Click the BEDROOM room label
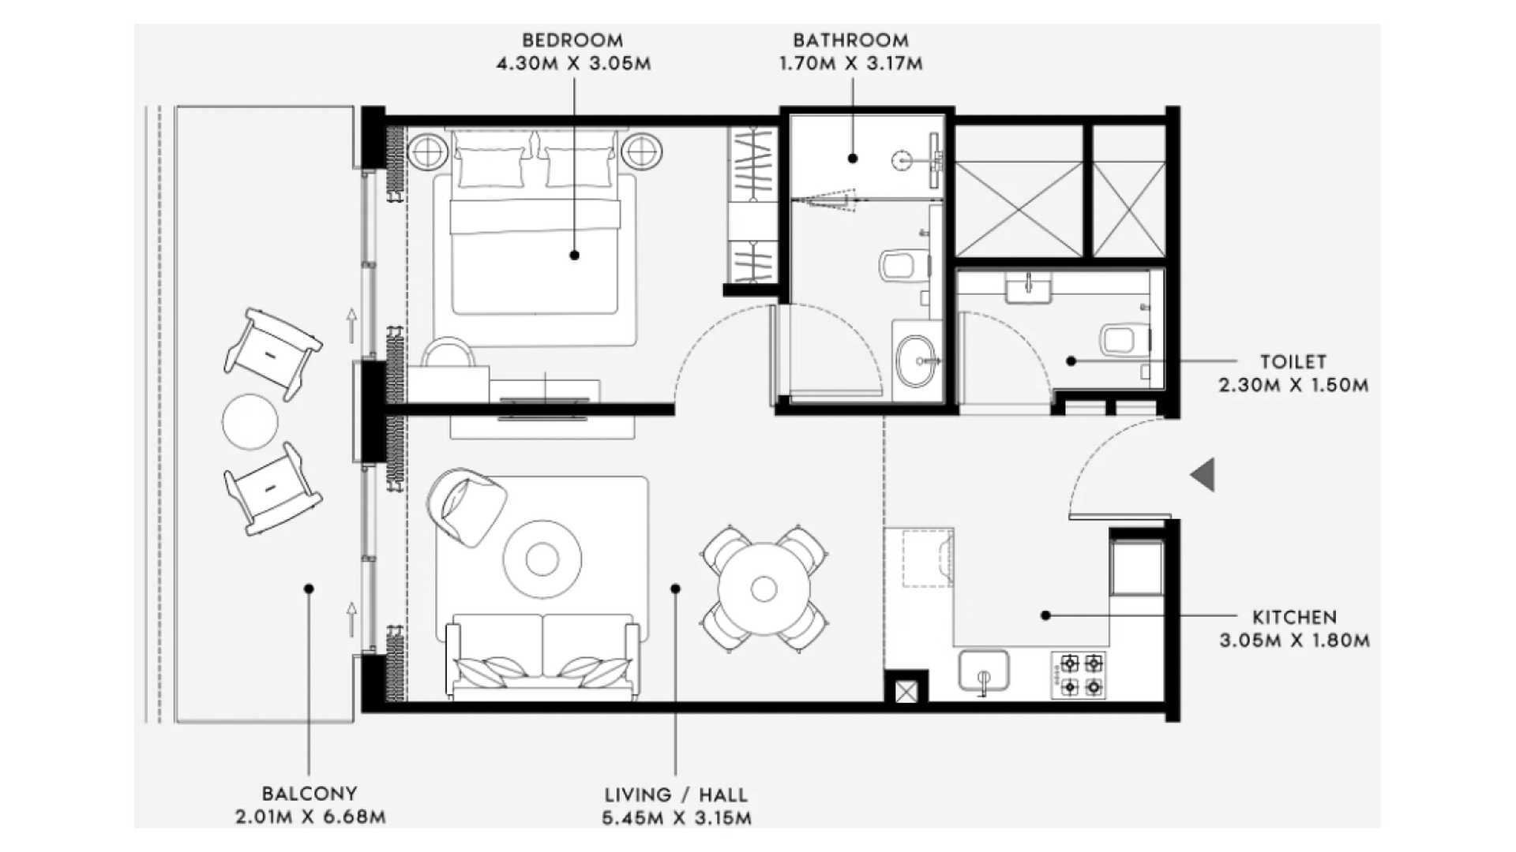click(572, 39)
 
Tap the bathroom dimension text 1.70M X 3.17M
click(850, 64)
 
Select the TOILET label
click(1293, 362)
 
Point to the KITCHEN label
click(1295, 617)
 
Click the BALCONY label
click(310, 794)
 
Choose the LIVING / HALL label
click(676, 794)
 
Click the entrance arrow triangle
click(1203, 475)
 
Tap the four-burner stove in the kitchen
click(1080, 675)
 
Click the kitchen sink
click(984, 671)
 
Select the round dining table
click(764, 589)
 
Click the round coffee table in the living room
click(542, 559)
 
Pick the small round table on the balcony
click(250, 421)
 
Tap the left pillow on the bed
click(490, 167)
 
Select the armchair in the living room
click(466, 507)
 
